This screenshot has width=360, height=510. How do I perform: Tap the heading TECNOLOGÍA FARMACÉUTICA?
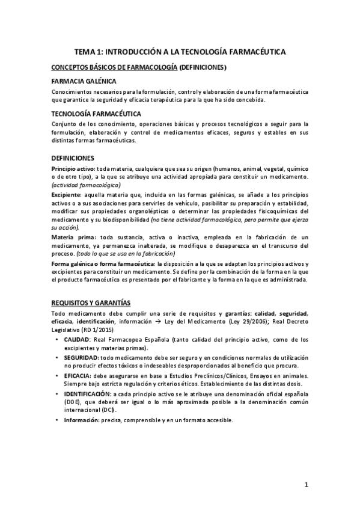coord(97,113)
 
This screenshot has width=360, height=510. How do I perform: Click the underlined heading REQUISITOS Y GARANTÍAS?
coord(91,302)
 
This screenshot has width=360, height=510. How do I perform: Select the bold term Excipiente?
coord(67,197)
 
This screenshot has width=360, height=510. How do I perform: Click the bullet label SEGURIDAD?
coord(82,357)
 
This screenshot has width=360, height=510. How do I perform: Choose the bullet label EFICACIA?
coord(78,374)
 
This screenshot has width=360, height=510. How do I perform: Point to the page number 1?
coord(306,485)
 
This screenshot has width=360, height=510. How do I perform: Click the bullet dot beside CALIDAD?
coord(56,340)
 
